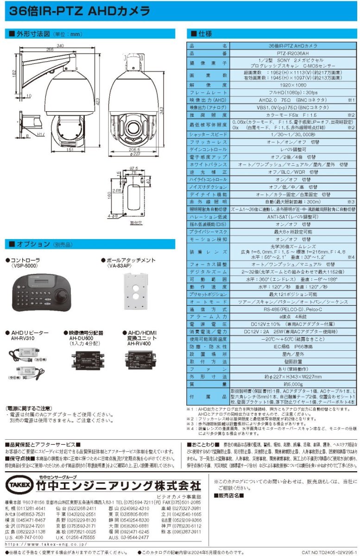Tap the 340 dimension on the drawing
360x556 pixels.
[61, 45]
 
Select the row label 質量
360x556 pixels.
[208, 384]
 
